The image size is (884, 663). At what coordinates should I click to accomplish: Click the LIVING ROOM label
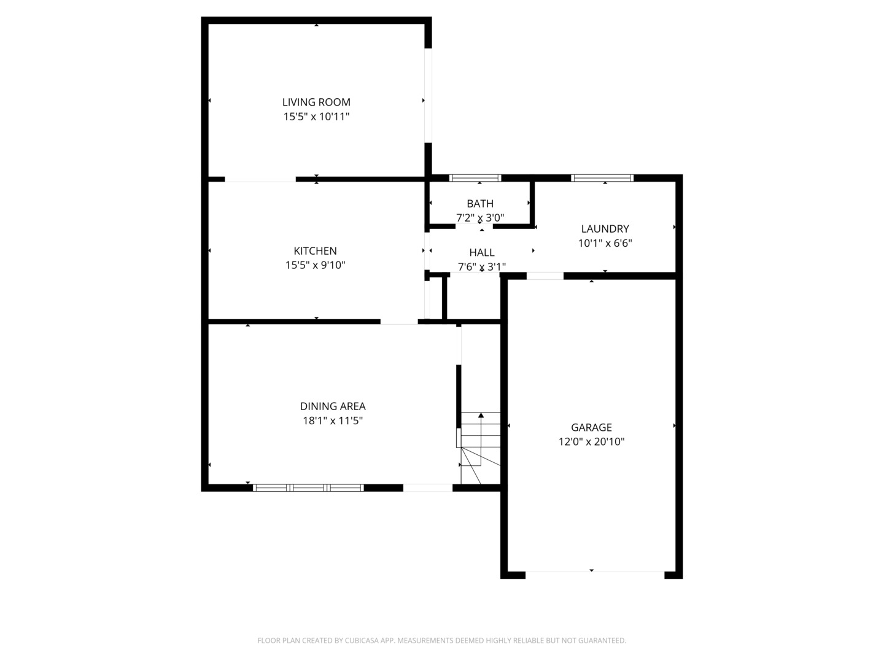click(x=316, y=103)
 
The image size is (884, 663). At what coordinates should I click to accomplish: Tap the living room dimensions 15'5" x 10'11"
click(x=316, y=117)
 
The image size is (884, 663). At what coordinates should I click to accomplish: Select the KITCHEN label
click(x=315, y=251)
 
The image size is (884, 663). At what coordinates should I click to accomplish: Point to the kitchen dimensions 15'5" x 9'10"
click(x=316, y=265)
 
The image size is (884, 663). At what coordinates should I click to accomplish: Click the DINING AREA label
click(x=333, y=406)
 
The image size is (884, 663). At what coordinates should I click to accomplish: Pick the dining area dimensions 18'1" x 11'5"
click(x=333, y=421)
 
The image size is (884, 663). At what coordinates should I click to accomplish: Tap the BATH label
click(x=480, y=204)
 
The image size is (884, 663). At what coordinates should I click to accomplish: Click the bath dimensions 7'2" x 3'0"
click(x=480, y=218)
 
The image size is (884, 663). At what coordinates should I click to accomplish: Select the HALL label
click(x=482, y=252)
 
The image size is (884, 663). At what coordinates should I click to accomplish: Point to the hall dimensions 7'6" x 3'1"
click(x=482, y=266)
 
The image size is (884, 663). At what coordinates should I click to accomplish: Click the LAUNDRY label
click(x=605, y=228)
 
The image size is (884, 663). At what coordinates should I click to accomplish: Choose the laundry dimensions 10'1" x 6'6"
click(x=605, y=243)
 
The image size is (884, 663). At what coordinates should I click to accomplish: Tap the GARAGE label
click(x=591, y=427)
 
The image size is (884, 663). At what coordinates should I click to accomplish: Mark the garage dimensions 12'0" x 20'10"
click(x=591, y=441)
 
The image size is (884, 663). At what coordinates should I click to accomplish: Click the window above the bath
click(x=475, y=178)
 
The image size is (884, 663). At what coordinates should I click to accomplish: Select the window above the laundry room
click(x=602, y=178)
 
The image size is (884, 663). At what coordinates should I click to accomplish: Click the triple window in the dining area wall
click(x=308, y=488)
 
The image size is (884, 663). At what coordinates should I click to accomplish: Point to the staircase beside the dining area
click(x=481, y=448)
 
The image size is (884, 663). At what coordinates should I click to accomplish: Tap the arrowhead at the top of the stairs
click(x=481, y=415)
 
